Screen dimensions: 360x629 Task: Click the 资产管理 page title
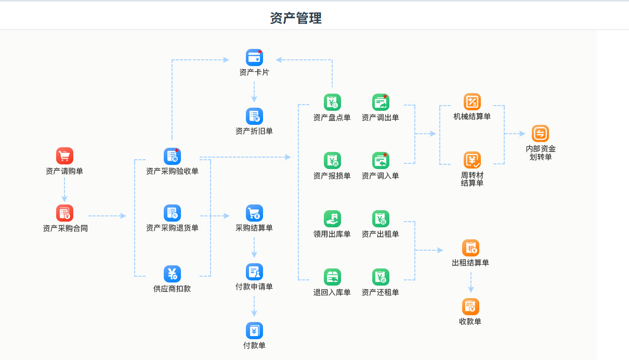296,18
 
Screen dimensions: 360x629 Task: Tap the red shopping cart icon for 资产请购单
64,156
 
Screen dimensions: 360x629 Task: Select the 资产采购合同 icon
64,213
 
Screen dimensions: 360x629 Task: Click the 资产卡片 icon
254,57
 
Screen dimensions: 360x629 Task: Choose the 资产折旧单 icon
254,116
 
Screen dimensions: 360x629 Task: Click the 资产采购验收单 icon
172,156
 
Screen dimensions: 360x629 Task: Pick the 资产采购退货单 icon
172,213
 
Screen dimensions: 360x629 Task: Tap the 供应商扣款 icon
172,274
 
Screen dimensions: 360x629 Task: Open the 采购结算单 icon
254,213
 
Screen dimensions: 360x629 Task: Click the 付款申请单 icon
254,272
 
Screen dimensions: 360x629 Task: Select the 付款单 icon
254,330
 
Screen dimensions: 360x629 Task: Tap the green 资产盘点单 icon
332,102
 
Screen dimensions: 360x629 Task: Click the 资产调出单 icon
381,102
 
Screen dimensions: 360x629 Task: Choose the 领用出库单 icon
332,218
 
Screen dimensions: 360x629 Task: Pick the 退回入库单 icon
332,277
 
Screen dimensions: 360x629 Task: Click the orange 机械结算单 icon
472,101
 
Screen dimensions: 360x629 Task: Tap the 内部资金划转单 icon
541,134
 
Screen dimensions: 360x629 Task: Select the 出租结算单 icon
470,248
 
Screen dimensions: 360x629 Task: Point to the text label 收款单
470,322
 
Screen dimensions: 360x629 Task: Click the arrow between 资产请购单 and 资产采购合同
64,190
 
